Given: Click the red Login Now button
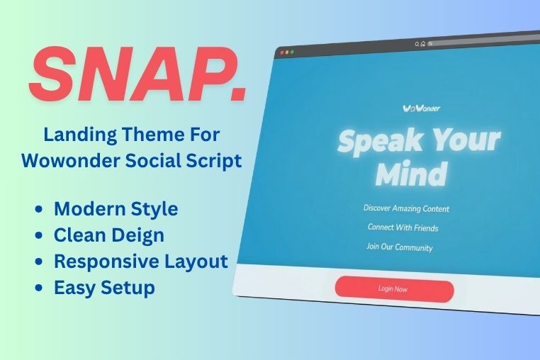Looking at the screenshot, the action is tap(394, 289).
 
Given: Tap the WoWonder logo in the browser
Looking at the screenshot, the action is tap(421, 108).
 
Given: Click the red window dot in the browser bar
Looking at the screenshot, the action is tap(282, 52).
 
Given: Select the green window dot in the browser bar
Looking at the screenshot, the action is tap(292, 52).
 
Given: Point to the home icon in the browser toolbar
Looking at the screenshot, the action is tap(423, 44).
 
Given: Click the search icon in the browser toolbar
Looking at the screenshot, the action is tap(417, 44).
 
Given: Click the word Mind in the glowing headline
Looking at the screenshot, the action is tap(412, 174).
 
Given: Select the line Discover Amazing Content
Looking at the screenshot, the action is tap(406, 208).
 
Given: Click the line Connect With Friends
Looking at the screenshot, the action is tap(403, 227).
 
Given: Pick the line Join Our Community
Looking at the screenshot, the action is tap(400, 247).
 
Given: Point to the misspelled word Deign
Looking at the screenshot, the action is tap(137, 236).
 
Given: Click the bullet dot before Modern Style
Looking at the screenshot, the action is tap(39, 209).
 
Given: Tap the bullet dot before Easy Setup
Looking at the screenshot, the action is tap(39, 288).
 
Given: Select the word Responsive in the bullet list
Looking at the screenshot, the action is tap(106, 261).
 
